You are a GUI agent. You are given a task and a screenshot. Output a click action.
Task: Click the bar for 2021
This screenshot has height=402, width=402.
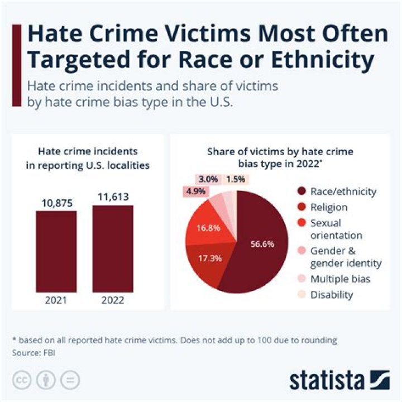point(56,251)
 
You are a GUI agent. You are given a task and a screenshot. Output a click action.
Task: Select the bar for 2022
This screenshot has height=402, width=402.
point(113,248)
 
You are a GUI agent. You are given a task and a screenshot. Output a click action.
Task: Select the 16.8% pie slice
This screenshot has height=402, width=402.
point(203,227)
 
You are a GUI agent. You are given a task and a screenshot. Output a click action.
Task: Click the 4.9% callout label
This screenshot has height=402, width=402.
point(196,191)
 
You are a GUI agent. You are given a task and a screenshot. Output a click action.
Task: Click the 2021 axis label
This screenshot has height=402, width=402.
point(56,300)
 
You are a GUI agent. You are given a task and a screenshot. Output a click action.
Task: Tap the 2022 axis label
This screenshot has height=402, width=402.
point(113,300)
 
